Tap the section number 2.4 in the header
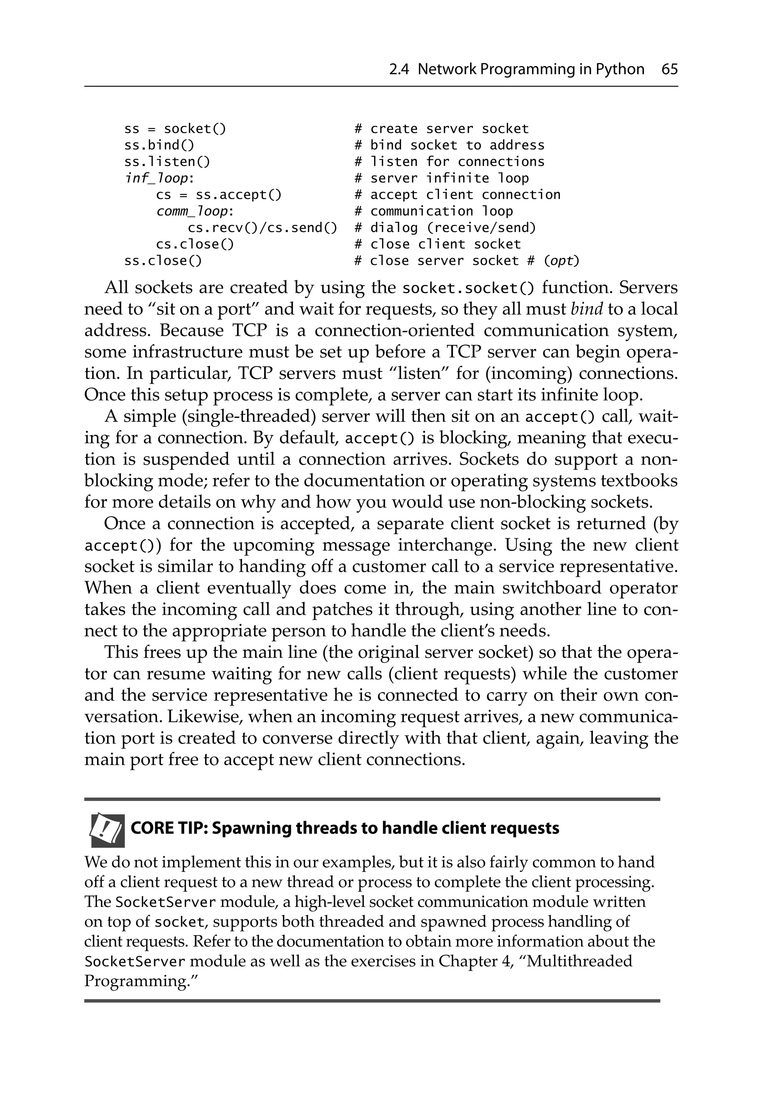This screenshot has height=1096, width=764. (x=399, y=70)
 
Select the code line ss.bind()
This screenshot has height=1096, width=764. (x=159, y=145)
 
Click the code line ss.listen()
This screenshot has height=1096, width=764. (x=167, y=162)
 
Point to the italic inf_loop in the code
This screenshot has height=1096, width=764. (x=156, y=179)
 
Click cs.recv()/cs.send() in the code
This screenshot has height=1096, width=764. (x=262, y=228)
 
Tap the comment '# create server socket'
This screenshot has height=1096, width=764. (x=442, y=129)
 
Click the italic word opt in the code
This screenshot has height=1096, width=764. (x=561, y=261)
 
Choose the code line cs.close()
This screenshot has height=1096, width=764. (x=195, y=244)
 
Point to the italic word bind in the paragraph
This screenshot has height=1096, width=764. (x=586, y=309)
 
